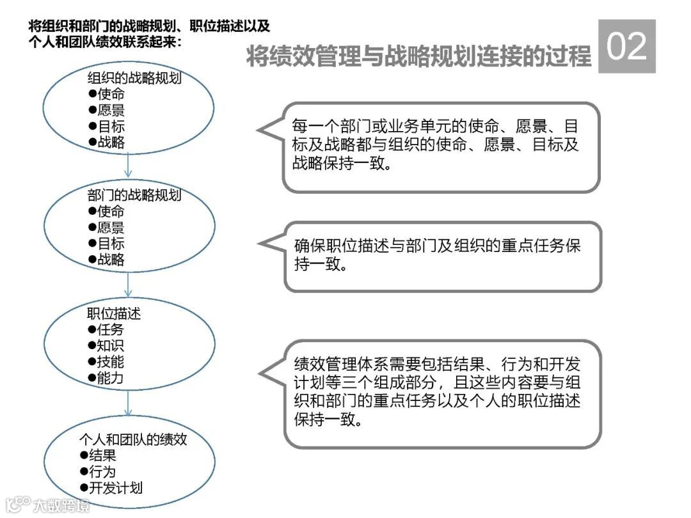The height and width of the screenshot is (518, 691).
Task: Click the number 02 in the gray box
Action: pyautogui.click(x=626, y=46)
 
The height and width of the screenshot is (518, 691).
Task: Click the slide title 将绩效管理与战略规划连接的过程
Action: pyautogui.click(x=419, y=57)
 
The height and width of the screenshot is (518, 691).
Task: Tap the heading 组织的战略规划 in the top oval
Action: pyautogui.click(x=134, y=79)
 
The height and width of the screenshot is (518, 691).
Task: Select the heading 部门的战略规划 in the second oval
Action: pyautogui.click(x=134, y=195)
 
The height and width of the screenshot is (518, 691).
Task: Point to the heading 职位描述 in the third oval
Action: pyautogui.click(x=114, y=314)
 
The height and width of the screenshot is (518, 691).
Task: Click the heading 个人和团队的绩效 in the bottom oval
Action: pyautogui.click(x=133, y=439)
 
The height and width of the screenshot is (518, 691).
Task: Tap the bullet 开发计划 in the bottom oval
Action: pyautogui.click(x=115, y=488)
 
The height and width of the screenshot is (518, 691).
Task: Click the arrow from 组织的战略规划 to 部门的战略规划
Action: pyautogui.click(x=129, y=166)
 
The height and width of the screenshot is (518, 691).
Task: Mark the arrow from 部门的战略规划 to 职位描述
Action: pyautogui.click(x=129, y=283)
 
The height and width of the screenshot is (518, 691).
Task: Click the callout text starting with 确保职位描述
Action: pyautogui.click(x=438, y=255)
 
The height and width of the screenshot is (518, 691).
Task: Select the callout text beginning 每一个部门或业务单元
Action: pyautogui.click(x=436, y=144)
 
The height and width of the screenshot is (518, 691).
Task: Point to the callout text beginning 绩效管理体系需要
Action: pyautogui.click(x=438, y=392)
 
